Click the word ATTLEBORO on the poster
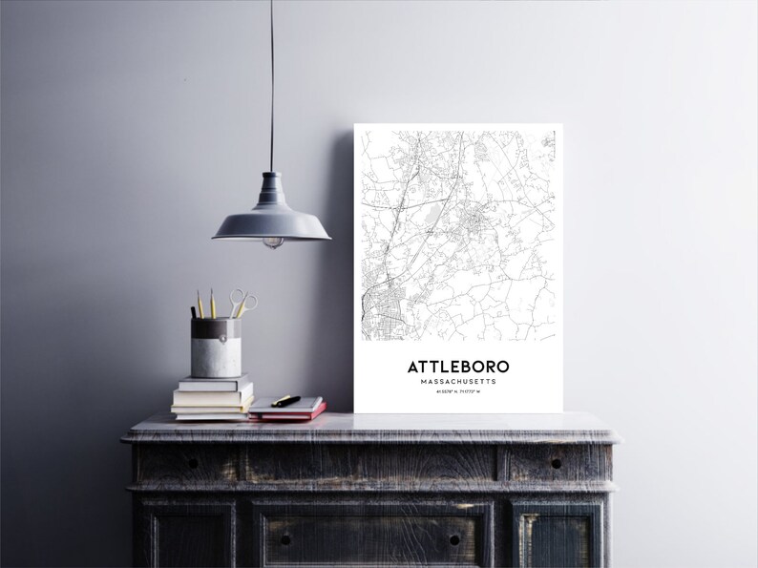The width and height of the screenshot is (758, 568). coord(458,367)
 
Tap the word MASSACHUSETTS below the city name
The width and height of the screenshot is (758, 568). coord(458,382)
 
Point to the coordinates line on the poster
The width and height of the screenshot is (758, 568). coord(458,393)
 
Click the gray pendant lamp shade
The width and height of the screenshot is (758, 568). coord(271,221)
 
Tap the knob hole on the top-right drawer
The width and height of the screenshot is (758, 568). coord(556,462)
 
